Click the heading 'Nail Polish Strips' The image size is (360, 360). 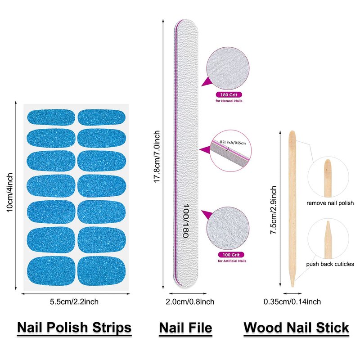pyautogui.click(x=74, y=327)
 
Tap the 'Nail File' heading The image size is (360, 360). pyautogui.click(x=185, y=327)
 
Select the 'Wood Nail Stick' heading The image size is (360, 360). pyautogui.click(x=296, y=327)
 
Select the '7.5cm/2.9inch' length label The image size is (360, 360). pyautogui.click(x=273, y=210)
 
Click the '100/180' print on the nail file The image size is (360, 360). pyautogui.click(x=185, y=222)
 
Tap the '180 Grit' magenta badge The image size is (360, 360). pyautogui.click(x=229, y=95)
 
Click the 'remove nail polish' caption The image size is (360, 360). pyautogui.click(x=330, y=203)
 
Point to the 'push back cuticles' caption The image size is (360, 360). pyautogui.click(x=330, y=264)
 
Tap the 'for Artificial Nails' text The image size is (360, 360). pyautogui.click(x=232, y=261)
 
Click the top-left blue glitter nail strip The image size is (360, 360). pyautogui.click(x=50, y=117)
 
